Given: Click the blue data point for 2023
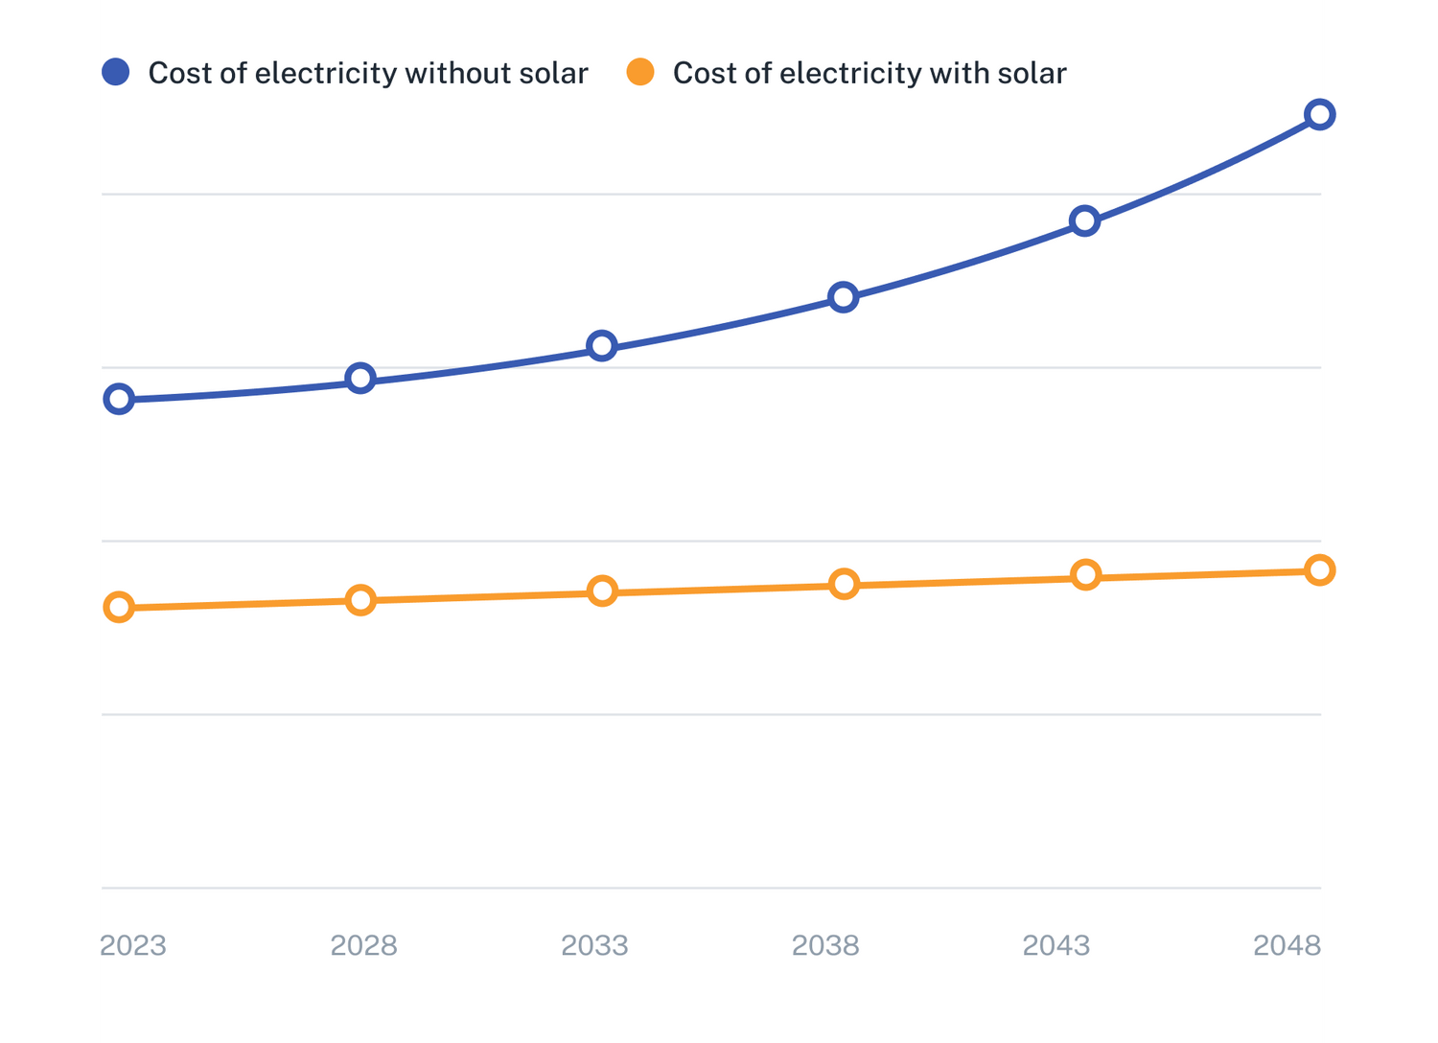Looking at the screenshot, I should [119, 399].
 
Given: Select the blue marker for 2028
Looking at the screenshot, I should [360, 378].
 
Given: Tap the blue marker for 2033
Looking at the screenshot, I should [602, 345].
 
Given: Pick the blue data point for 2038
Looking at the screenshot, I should [844, 297].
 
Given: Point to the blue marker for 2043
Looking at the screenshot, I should [1084, 221].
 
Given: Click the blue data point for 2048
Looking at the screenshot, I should [1320, 115].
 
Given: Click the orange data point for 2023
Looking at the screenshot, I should [119, 607].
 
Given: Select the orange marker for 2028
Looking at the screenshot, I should [360, 600].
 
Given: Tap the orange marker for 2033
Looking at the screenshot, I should [602, 591].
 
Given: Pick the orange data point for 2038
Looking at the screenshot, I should [844, 584].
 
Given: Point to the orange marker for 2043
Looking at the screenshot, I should [1085, 575].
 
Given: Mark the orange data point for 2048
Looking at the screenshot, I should [1320, 570].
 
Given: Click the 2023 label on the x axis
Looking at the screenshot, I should [134, 946].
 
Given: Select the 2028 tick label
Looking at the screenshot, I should [363, 946].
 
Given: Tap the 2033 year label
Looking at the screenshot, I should [594, 946].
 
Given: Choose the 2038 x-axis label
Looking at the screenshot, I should [825, 946].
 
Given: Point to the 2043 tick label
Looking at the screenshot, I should [1056, 946].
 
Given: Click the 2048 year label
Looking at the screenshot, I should [1287, 946].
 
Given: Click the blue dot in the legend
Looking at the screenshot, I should [116, 72].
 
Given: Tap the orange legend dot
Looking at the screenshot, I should [640, 72].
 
